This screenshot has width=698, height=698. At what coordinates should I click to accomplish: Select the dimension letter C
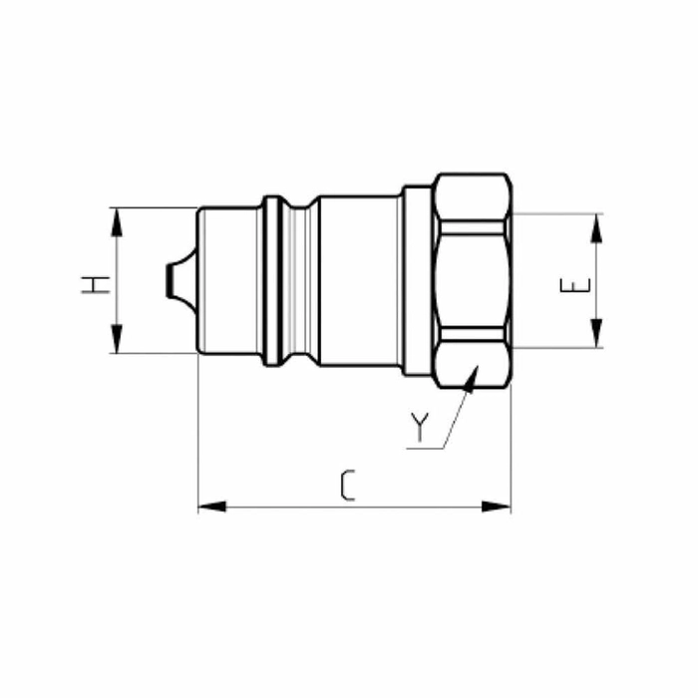pyautogui.click(x=347, y=486)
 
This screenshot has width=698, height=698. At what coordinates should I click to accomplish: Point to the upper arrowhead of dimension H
pyautogui.click(x=117, y=219)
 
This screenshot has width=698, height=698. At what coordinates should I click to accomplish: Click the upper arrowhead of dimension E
pyautogui.click(x=597, y=226)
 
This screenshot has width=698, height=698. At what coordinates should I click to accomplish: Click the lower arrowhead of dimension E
pyautogui.click(x=597, y=334)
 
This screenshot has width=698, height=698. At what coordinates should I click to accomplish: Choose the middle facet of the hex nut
pyautogui.click(x=473, y=279)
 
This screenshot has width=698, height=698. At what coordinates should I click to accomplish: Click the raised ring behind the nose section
pyautogui.click(x=269, y=279)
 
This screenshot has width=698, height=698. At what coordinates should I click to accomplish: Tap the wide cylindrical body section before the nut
pyautogui.click(x=359, y=279)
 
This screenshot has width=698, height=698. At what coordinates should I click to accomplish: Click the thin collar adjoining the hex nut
pyautogui.click(x=418, y=279)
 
